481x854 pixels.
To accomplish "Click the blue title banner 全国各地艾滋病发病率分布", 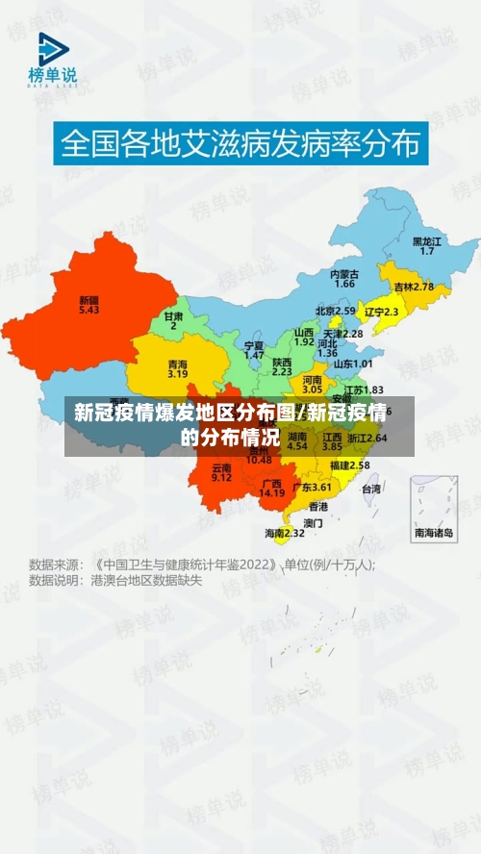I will (240, 145).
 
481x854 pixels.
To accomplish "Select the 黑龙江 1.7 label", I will (427, 245).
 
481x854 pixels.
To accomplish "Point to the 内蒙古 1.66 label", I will (344, 279).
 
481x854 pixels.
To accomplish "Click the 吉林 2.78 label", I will (414, 287).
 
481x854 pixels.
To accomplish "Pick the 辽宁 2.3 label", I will (382, 312).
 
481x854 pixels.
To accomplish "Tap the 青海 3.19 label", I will (177, 368).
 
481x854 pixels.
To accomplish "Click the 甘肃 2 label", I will (173, 320).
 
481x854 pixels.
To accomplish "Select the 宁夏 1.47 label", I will (254, 349).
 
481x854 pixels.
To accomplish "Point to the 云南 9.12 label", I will (221, 471).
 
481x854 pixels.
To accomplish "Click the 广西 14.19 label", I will (272, 488).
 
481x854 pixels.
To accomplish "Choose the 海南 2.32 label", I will (285, 532).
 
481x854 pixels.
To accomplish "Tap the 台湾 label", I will (370, 489).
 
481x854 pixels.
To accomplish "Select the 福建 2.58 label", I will (349, 465).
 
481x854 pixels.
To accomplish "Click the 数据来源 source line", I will (202, 565).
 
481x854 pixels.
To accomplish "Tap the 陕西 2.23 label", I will (282, 364).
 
